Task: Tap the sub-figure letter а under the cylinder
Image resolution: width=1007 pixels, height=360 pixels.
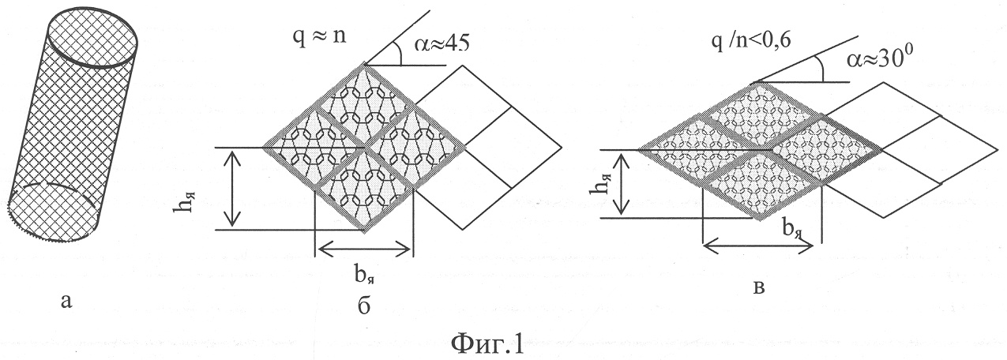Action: tap(66, 301)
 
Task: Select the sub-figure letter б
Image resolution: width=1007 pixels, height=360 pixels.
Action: tap(363, 306)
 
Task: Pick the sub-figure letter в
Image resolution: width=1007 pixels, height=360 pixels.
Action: tap(758, 287)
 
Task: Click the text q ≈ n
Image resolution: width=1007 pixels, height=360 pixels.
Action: tap(319, 36)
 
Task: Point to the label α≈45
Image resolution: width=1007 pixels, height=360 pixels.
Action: tap(442, 43)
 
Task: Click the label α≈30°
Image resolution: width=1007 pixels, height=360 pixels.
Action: tap(875, 59)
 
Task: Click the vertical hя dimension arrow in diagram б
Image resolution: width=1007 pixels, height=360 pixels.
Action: tap(231, 189)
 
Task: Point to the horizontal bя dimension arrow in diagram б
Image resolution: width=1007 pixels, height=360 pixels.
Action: tap(364, 248)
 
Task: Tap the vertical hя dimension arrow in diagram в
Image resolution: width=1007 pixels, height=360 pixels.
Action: tap(622, 183)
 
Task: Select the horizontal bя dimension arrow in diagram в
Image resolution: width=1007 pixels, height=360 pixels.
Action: tap(758, 246)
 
